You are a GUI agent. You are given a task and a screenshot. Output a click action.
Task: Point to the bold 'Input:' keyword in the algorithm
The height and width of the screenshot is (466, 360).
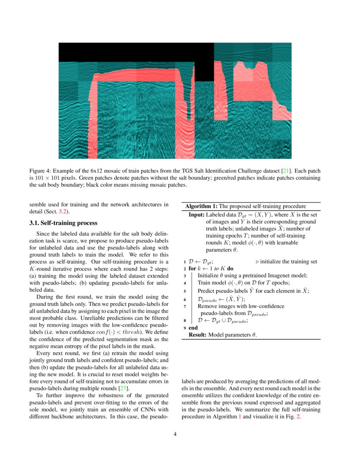click(197, 215)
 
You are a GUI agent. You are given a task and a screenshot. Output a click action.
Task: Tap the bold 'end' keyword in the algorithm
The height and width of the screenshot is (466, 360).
click(193, 327)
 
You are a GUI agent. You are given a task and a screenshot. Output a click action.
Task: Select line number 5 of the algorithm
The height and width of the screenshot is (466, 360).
click(185, 291)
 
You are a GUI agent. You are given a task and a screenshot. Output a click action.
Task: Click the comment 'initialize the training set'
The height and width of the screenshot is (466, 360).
click(288, 262)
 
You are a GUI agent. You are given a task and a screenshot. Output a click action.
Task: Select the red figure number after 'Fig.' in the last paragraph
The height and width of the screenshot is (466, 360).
click(299, 416)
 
